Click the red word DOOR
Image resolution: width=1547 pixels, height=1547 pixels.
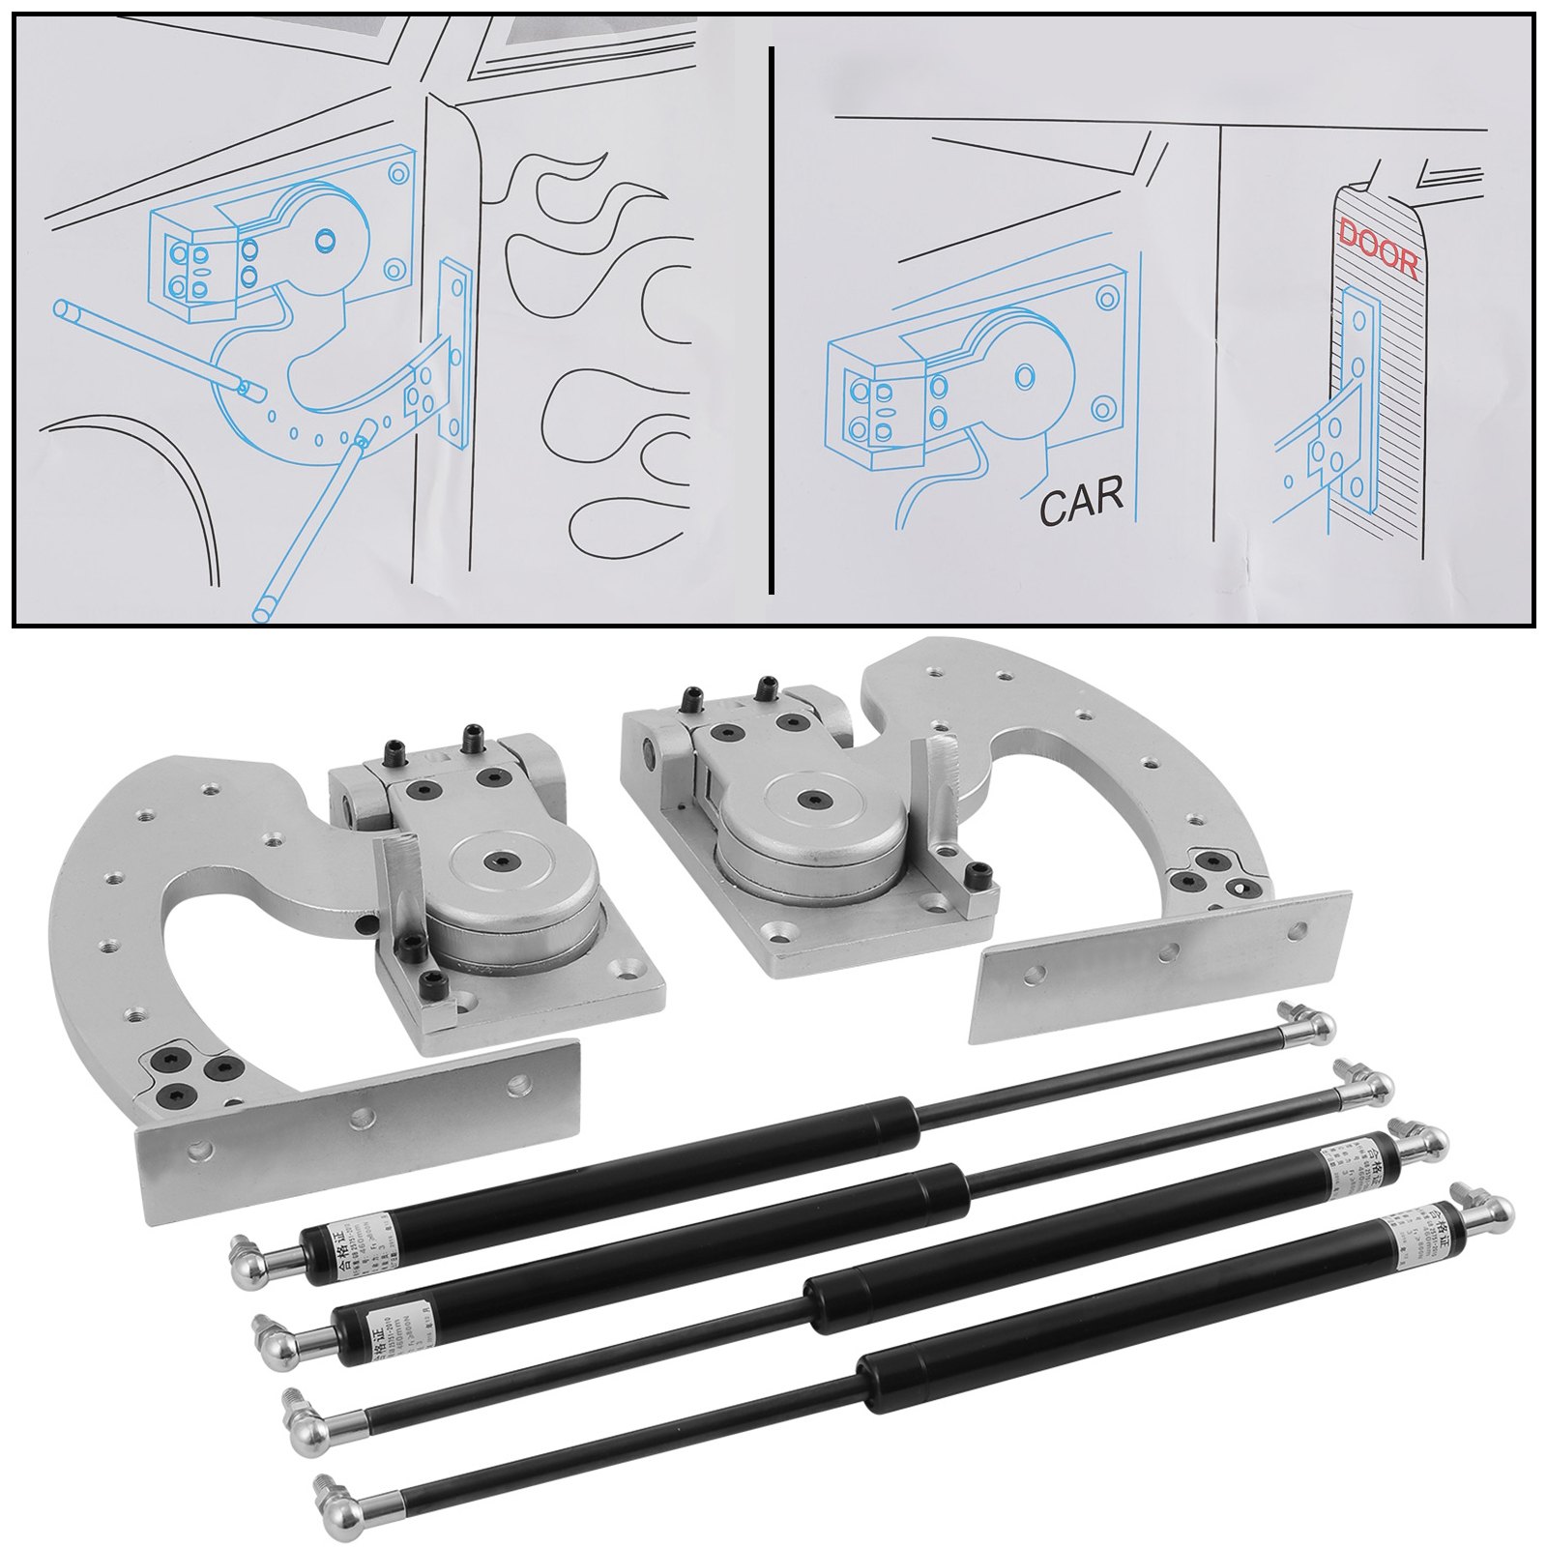1378,249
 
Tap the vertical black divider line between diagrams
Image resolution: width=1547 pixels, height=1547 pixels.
771,319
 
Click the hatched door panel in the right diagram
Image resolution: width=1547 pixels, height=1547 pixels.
1392,387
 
